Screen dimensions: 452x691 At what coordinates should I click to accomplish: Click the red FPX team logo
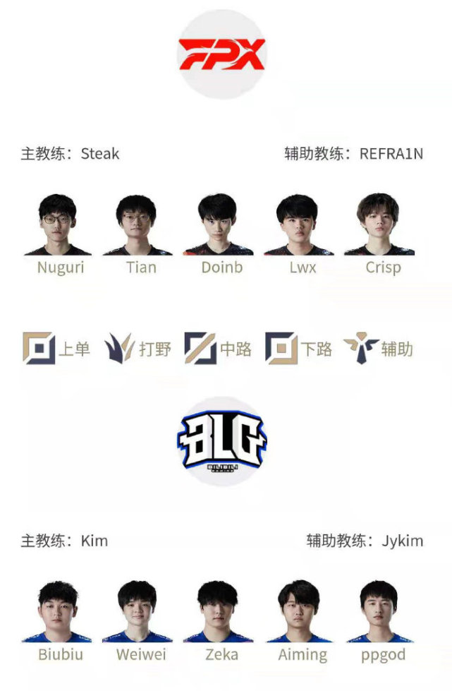coord(221,54)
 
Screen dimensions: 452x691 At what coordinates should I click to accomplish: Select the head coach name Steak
coord(100,154)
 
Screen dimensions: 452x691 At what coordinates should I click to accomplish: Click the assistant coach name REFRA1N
coord(391,154)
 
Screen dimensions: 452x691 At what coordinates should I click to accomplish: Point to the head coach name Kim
coord(94,541)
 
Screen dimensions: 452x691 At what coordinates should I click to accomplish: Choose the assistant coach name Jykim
coord(402,541)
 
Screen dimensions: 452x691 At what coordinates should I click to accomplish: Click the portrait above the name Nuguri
coord(58,224)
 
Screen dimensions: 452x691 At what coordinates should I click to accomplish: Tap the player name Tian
coord(141,268)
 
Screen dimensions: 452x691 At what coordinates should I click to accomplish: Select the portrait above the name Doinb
coord(218,224)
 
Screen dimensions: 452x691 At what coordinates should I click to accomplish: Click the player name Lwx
coord(303,268)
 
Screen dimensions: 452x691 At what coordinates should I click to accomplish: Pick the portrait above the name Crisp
coord(379,224)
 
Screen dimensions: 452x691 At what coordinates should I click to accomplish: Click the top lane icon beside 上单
coord(39,348)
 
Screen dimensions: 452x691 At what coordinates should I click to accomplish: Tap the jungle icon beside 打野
coord(119,348)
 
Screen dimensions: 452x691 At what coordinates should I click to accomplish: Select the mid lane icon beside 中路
coord(200,348)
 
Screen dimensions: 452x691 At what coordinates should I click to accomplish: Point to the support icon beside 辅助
coord(361,348)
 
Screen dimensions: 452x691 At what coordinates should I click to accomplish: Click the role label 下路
coord(317,349)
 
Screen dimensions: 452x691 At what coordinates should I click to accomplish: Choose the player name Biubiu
coord(61,654)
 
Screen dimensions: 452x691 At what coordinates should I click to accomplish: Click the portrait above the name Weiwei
coord(138,612)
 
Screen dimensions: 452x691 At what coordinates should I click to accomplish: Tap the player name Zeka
coord(222,654)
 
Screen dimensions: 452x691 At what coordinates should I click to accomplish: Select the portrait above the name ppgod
coord(379,612)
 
